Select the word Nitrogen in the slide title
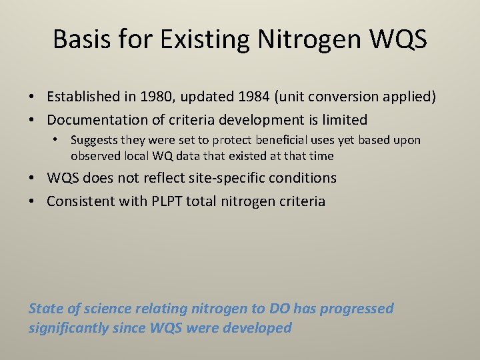[x=301, y=40]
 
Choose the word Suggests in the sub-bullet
[x=95, y=141]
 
